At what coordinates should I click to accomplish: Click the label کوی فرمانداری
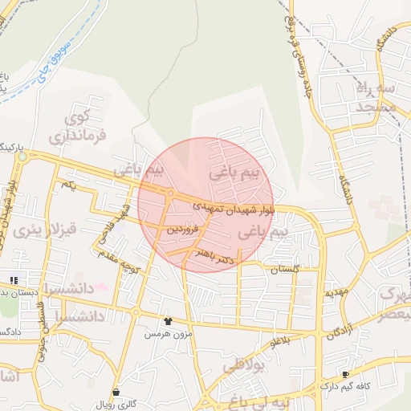click(77, 128)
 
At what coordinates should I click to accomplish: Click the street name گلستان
click(284, 270)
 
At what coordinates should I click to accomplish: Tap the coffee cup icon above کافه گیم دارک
click(346, 374)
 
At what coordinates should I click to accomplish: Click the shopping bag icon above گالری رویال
click(117, 392)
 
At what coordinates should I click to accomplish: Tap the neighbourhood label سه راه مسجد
click(376, 96)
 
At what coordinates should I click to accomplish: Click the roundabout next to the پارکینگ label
click(22, 157)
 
